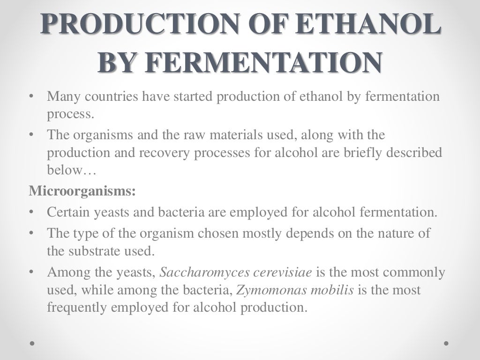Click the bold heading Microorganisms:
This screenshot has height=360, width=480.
pyautogui.click(x=82, y=191)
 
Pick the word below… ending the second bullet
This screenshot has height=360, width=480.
pyautogui.click(x=71, y=171)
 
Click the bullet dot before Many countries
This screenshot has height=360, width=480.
pyautogui.click(x=31, y=97)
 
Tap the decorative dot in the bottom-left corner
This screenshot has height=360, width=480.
pyautogui.click(x=33, y=343)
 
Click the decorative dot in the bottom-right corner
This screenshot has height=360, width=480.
pyautogui.click(x=446, y=343)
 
